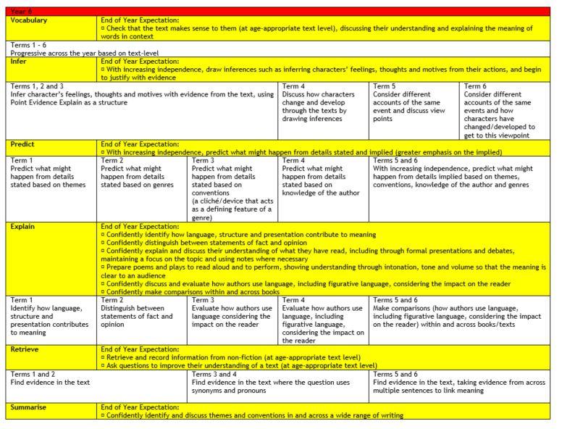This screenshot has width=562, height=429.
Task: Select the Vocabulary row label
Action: tap(30, 20)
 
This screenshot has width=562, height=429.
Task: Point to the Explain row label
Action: tap(23, 226)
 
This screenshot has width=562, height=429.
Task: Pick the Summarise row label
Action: tap(29, 407)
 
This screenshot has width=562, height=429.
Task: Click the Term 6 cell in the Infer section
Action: tap(506, 110)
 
